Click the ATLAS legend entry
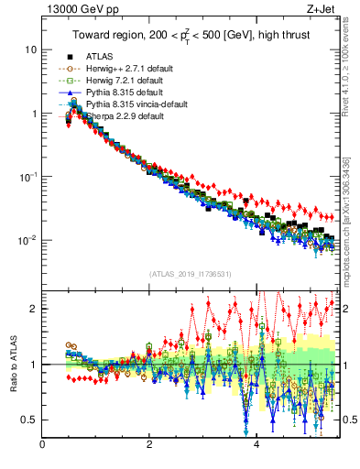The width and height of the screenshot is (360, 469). coord(100,57)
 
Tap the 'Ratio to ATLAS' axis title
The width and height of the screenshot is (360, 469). coord(14,365)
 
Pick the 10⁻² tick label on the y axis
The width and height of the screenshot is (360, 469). coord(27,240)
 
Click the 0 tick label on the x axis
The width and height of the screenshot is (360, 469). coord(42,446)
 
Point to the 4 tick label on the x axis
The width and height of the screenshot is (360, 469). coord(256,446)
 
